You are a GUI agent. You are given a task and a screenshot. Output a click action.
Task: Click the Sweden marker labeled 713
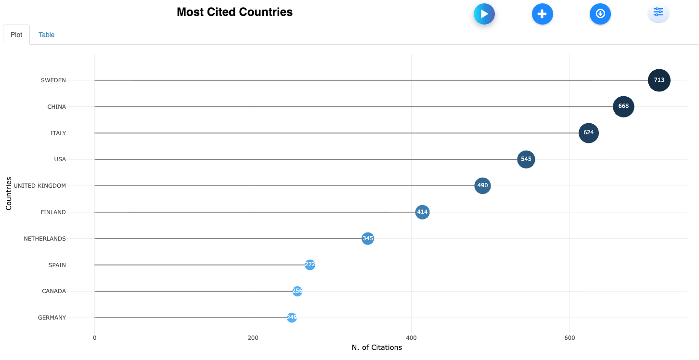click(x=659, y=80)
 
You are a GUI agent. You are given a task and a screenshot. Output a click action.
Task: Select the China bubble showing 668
click(x=623, y=106)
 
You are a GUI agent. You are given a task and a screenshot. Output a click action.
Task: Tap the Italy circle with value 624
click(x=588, y=133)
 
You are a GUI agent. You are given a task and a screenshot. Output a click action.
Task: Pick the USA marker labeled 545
click(x=526, y=159)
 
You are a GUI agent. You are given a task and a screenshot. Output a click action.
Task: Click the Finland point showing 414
click(x=422, y=212)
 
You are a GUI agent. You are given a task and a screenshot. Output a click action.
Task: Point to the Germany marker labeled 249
click(x=292, y=318)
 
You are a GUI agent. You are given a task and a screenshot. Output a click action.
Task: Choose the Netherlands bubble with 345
click(x=368, y=238)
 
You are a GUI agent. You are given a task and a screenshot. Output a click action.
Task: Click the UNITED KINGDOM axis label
click(x=40, y=186)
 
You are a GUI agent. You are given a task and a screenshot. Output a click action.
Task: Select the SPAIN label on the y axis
click(x=57, y=265)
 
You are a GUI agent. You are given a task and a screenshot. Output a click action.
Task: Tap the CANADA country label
click(x=54, y=291)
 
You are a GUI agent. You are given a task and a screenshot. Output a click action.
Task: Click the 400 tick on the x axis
click(x=411, y=338)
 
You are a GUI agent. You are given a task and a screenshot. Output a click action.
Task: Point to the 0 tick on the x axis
click(x=94, y=338)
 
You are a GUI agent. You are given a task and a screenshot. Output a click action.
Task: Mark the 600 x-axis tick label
click(x=570, y=338)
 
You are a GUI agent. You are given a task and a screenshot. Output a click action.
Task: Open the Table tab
click(x=47, y=35)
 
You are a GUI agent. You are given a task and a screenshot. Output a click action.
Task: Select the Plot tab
click(x=16, y=35)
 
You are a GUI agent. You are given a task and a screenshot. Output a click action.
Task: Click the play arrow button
click(x=484, y=14)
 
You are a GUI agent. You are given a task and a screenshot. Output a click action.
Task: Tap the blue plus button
click(x=542, y=14)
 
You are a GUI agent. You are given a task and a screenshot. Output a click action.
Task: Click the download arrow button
click(x=600, y=14)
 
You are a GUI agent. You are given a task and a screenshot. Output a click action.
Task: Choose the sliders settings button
click(x=658, y=13)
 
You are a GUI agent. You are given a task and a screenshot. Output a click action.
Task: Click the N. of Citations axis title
click(x=376, y=347)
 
